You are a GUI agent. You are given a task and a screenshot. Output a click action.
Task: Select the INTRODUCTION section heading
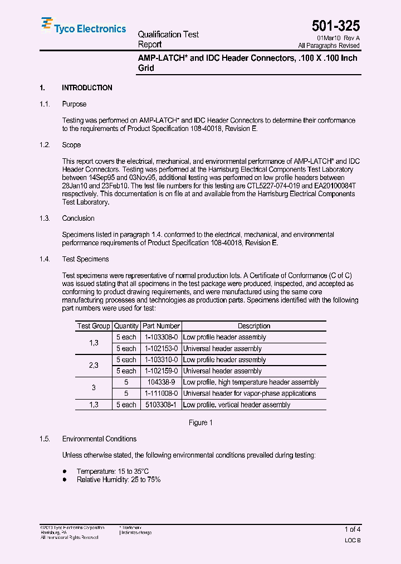pyautogui.click(x=87, y=88)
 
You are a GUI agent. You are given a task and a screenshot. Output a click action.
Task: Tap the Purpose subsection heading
pyautogui.click(x=74, y=104)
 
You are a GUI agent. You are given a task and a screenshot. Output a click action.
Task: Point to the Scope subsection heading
pyautogui.click(x=71, y=145)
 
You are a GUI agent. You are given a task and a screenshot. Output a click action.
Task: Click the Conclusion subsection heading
pyautogui.click(x=78, y=218)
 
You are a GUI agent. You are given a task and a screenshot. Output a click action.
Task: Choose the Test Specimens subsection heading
pyautogui.click(x=85, y=259)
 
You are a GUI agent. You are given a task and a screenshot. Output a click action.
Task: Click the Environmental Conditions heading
pyautogui.click(x=99, y=439)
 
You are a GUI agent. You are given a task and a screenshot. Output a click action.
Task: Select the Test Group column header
pyautogui.click(x=94, y=326)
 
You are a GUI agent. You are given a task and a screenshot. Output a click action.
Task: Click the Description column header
pyautogui.click(x=254, y=326)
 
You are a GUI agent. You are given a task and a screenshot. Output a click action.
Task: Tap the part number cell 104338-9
pyautogui.click(x=162, y=382)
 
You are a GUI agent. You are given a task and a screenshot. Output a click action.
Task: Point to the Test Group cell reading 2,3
pyautogui.click(x=94, y=365)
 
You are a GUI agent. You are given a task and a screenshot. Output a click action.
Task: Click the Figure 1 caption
pyautogui.click(x=200, y=423)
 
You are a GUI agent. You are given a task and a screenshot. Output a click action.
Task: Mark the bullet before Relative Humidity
pyautogui.click(x=65, y=479)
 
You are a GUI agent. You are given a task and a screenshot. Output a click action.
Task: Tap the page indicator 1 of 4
pyautogui.click(x=352, y=529)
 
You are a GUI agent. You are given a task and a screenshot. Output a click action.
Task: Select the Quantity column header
pyautogui.click(x=126, y=326)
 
